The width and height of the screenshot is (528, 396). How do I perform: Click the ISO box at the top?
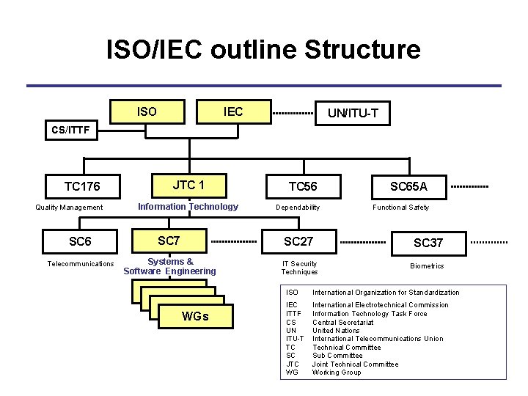pos(147,111)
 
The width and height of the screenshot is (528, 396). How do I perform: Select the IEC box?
pos(233,111)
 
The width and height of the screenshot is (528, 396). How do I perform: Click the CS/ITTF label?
pos(70,131)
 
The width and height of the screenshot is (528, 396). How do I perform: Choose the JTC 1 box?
pos(188,185)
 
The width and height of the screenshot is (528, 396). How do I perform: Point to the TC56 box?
pos(302,186)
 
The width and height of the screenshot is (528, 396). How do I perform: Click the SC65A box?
pos(408,186)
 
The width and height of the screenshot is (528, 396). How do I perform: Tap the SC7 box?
pos(169,241)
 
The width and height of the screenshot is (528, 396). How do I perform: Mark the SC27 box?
pos(299,241)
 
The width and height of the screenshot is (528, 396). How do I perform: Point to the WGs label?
pos(194,316)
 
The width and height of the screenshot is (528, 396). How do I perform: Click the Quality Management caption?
pos(70,208)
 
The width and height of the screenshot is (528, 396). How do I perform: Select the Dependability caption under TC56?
pos(298,208)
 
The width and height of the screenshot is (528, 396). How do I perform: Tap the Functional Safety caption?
pos(401,208)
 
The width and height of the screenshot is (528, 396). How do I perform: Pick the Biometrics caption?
pos(427,266)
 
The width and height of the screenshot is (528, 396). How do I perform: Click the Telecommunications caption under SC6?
pos(81,264)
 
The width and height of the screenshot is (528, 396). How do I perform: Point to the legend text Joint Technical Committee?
pos(355,364)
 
